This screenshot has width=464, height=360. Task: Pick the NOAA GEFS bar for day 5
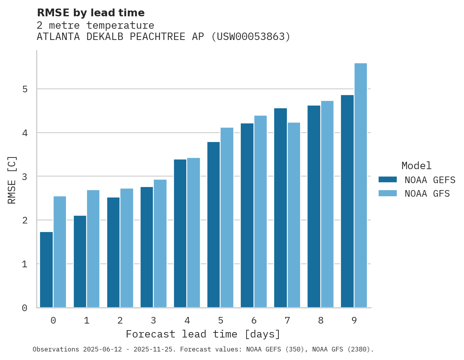[x=214, y=225]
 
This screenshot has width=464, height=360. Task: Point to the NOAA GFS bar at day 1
[x=93, y=249]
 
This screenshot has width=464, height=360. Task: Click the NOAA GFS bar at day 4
[x=193, y=232]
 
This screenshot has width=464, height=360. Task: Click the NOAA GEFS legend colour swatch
[x=388, y=180]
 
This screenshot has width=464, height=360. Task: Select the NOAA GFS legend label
[x=427, y=194]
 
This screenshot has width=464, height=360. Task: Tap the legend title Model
[x=416, y=166]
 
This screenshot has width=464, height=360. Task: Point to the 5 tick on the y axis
[x=24, y=89]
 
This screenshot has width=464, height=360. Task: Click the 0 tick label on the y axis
[x=24, y=308]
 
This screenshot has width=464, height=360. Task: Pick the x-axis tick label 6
[x=254, y=321]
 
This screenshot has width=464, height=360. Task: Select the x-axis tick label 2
[x=120, y=321]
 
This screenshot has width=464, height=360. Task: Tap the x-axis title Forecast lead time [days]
[x=203, y=334]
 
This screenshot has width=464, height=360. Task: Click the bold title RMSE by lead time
[x=90, y=13]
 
